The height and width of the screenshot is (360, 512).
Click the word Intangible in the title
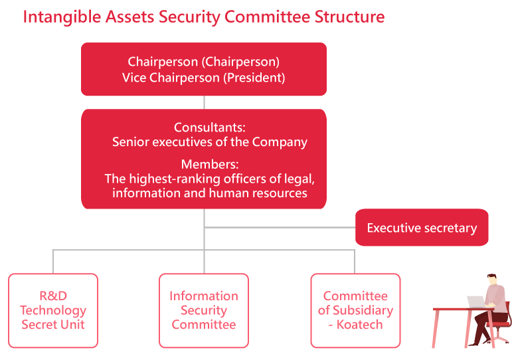[62, 17]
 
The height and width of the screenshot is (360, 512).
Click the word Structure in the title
[349, 17]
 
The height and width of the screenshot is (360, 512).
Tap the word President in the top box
[254, 78]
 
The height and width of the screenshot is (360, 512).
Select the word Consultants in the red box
[209, 127]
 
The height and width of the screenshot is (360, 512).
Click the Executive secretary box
[422, 227]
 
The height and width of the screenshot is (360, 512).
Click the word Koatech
[359, 325]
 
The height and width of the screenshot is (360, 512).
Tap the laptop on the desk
[477, 302]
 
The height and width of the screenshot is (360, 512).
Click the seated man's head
[492, 280]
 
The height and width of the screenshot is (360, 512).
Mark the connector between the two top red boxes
[204, 102]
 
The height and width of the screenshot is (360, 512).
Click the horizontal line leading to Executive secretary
[280, 227]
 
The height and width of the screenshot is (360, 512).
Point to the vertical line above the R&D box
[53, 262]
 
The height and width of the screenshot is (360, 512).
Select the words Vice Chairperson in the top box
[171, 78]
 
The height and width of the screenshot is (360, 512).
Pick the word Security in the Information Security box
[204, 310]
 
